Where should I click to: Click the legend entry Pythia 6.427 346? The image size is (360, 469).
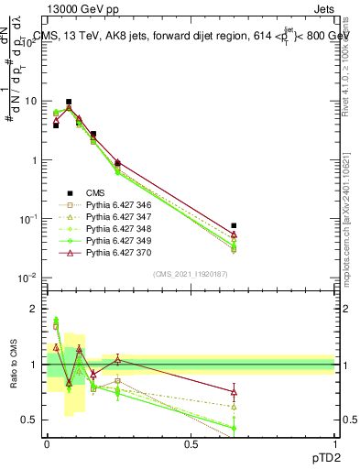click(115, 204)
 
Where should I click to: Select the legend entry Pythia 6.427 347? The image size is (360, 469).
click(115, 216)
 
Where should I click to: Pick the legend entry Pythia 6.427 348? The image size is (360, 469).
click(115, 228)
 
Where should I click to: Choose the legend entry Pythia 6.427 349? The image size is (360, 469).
click(115, 240)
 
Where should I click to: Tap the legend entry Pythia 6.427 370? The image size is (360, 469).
click(115, 252)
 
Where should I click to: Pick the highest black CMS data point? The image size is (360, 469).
click(69, 102)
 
